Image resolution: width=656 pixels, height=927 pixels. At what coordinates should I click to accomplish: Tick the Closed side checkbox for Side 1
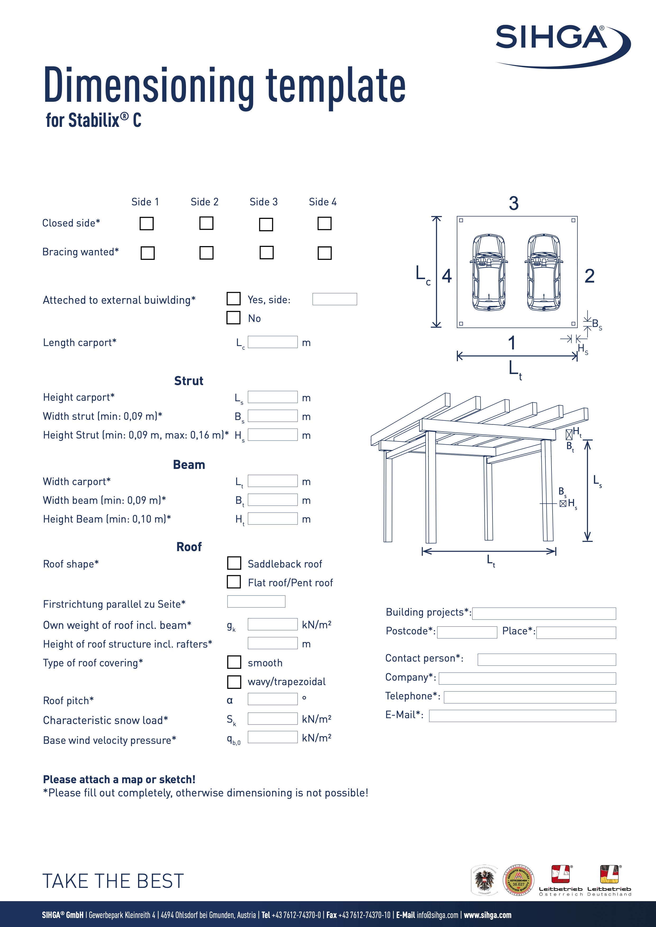146,223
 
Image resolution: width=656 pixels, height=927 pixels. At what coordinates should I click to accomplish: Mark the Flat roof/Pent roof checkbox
234,582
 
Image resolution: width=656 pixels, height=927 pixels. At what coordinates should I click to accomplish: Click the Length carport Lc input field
273,342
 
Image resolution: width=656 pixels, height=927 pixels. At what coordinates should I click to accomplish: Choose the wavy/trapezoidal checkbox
234,681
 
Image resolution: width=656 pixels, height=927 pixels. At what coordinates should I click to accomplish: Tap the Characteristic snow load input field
273,718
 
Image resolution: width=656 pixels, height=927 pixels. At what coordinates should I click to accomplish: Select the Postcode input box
467,632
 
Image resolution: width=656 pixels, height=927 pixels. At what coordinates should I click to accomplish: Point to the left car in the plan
489,273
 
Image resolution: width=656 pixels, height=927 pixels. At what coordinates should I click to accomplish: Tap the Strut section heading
189,381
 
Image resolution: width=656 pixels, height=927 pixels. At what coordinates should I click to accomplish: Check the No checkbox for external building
234,318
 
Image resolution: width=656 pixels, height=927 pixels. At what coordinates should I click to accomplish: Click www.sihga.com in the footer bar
487,915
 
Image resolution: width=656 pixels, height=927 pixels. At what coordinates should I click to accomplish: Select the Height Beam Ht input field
273,518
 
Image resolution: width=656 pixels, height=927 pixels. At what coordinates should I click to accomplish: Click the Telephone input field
530,697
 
